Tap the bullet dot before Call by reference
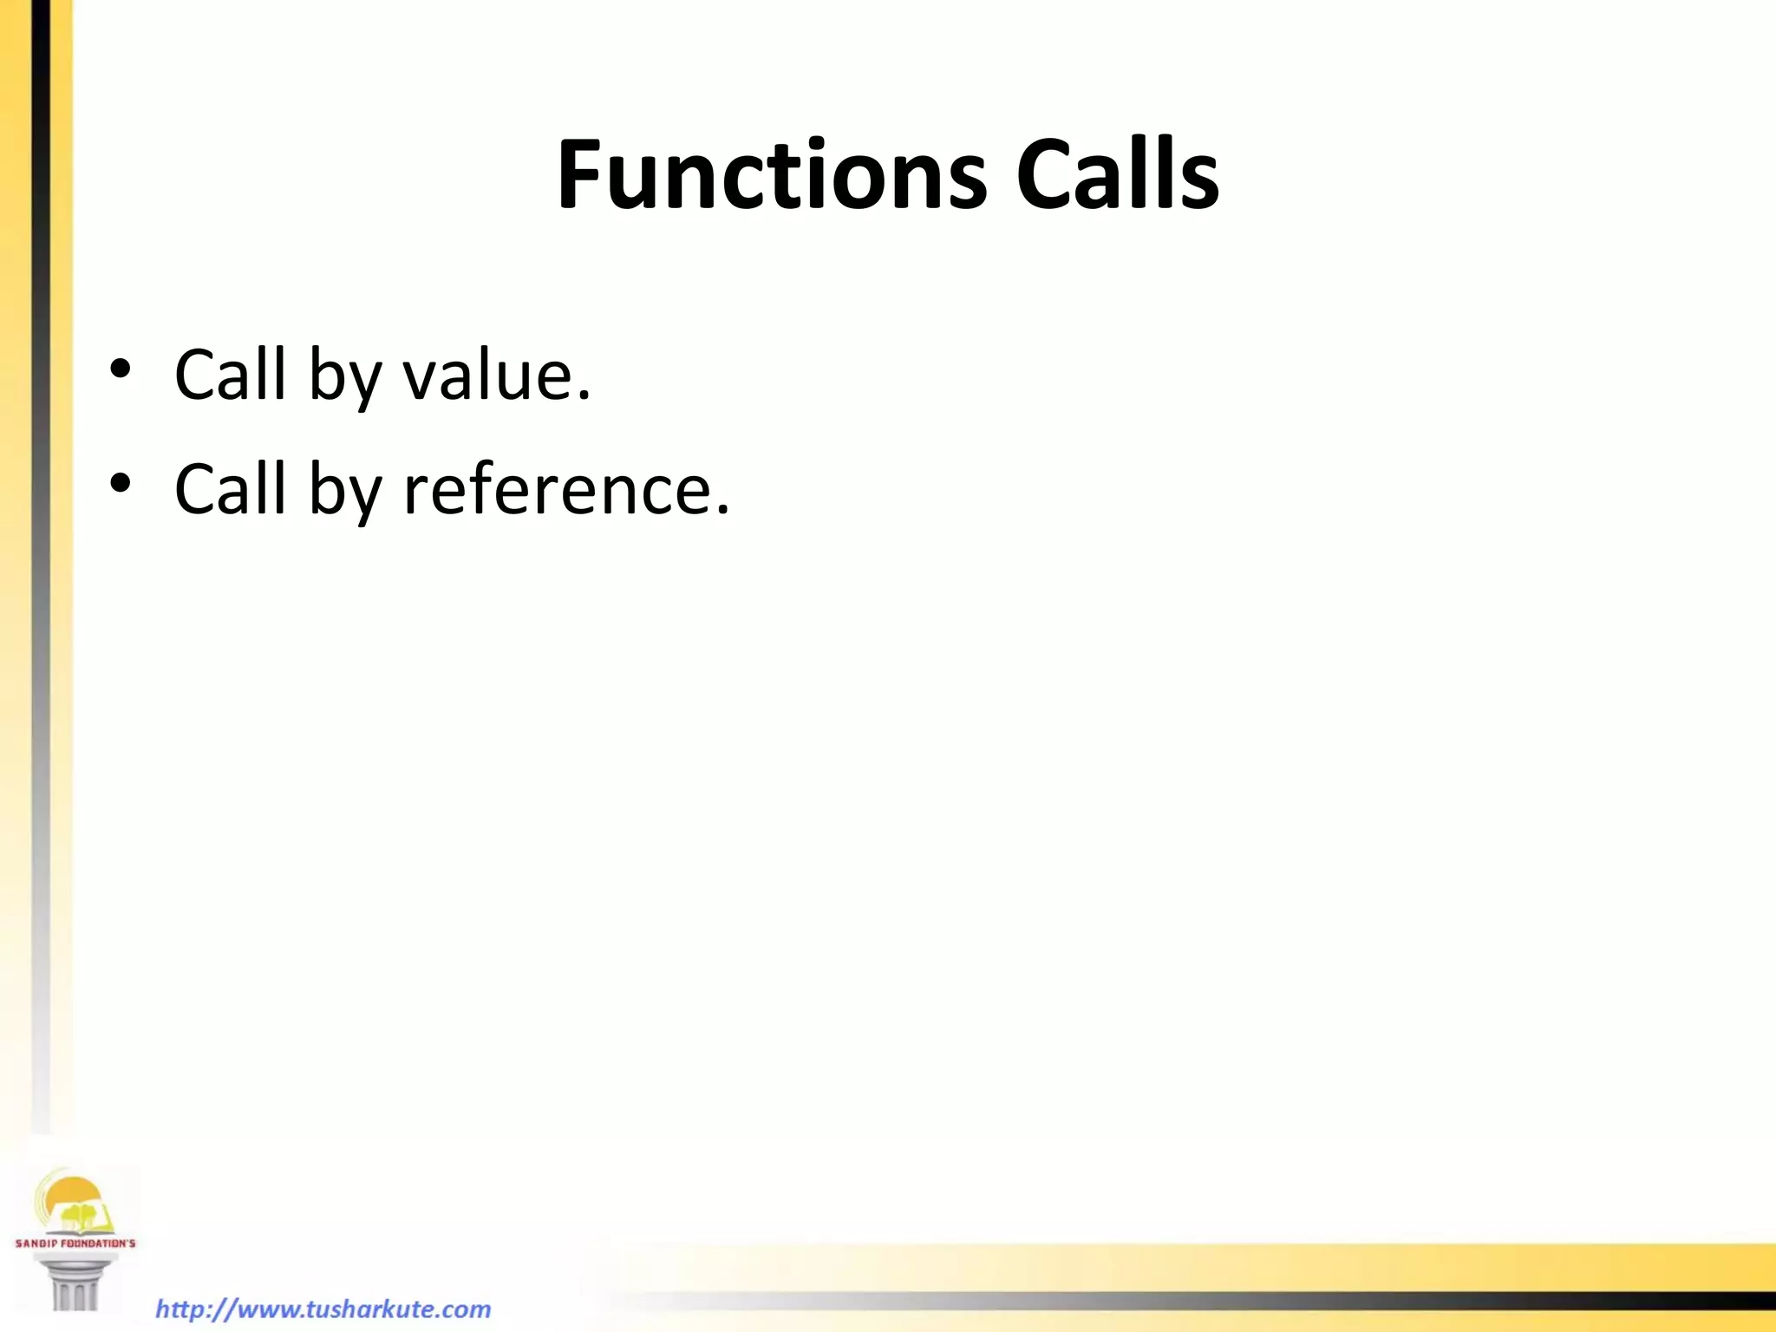(x=120, y=482)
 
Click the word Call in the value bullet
(x=230, y=375)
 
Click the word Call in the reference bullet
(x=230, y=489)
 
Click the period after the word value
(x=584, y=396)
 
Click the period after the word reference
(x=723, y=511)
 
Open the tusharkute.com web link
(x=323, y=1309)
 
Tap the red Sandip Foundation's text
(x=75, y=1244)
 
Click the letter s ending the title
(x=1201, y=186)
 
